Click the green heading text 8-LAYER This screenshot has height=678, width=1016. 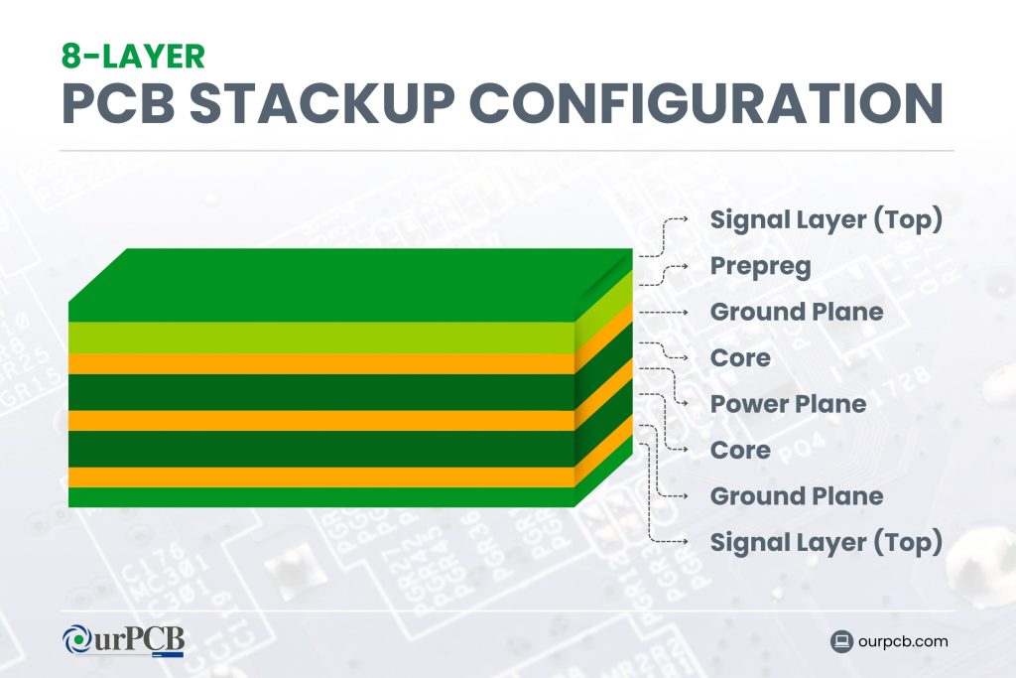click(x=132, y=55)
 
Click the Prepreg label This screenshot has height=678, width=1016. click(x=760, y=266)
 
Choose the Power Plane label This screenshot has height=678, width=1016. click(x=788, y=404)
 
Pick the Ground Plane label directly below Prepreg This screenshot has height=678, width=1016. click(x=796, y=312)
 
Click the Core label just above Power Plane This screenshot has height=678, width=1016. click(x=740, y=357)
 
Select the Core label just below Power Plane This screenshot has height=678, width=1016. click(x=740, y=451)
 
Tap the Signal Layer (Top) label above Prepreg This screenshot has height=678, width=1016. click(x=825, y=219)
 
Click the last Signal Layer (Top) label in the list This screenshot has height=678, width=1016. click(x=825, y=542)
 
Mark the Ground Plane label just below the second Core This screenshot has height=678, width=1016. click(x=796, y=496)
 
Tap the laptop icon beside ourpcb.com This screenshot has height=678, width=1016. click(x=842, y=641)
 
